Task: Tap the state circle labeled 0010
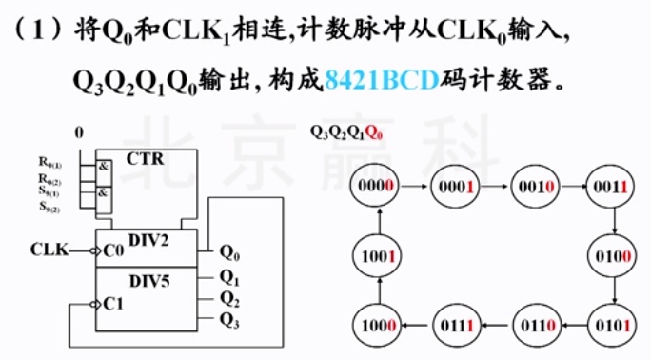pos(532,188)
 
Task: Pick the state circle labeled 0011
pos(610,188)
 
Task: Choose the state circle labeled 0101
pos(610,325)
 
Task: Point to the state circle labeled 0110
pos(532,325)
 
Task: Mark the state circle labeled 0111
pos(456,325)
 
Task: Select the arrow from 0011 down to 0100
pos(615,222)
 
